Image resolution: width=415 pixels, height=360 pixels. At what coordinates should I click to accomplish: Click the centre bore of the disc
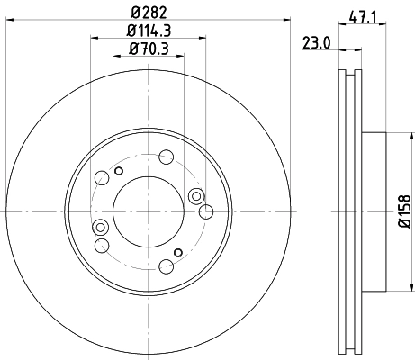(x=149, y=211)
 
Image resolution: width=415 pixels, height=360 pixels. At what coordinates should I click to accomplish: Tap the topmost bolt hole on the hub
(x=167, y=156)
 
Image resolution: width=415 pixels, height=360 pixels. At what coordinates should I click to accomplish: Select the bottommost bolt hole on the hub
(x=167, y=266)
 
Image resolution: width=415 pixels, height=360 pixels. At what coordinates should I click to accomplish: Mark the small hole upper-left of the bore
(x=119, y=169)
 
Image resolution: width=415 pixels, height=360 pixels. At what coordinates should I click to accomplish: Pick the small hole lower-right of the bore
(x=178, y=251)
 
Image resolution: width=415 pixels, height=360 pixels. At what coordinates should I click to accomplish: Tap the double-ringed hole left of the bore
(x=100, y=226)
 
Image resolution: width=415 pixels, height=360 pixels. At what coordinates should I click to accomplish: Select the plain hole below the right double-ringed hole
(x=205, y=212)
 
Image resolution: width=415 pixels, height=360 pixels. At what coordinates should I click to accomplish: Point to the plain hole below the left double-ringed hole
(x=102, y=245)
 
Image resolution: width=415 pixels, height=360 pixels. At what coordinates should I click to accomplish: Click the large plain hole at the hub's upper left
(x=102, y=177)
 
